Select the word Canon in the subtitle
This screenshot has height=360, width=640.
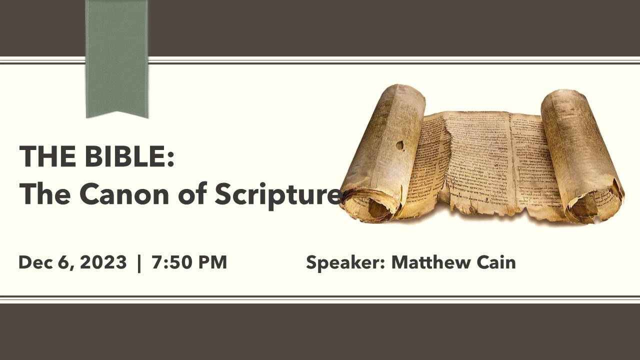[x=113, y=194]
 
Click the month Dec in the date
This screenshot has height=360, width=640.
[x=35, y=262]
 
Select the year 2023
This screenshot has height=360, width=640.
[x=103, y=262]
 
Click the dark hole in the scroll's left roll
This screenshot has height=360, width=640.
[x=399, y=145]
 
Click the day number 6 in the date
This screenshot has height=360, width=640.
[x=63, y=262]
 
